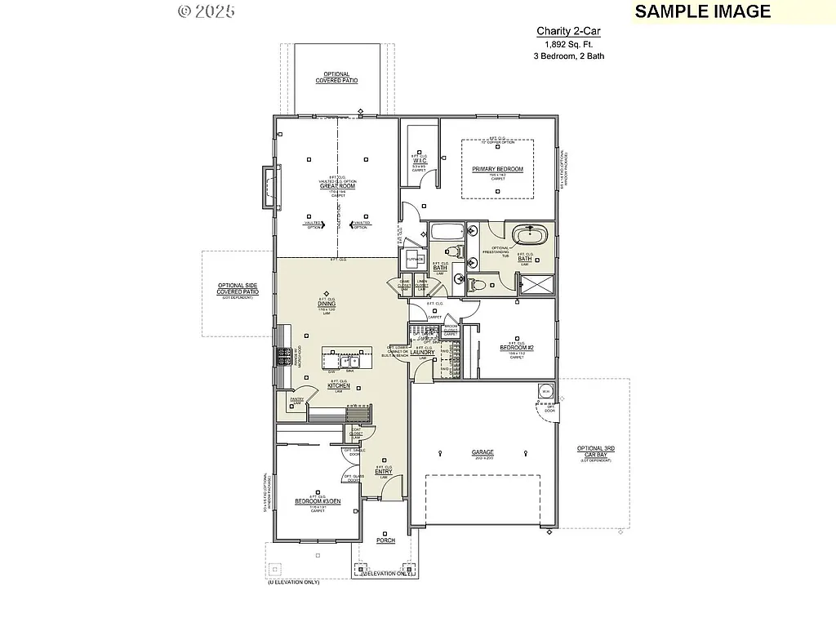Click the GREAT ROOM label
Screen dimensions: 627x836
click(337, 186)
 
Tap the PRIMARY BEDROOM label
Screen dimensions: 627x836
click(497, 169)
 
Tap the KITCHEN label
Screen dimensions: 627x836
click(339, 385)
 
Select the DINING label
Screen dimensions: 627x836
click(327, 305)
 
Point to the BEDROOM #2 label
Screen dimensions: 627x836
click(516, 347)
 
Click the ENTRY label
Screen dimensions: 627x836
click(383, 471)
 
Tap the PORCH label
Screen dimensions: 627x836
click(385, 540)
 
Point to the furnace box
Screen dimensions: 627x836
click(415, 260)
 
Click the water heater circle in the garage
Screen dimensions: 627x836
click(545, 393)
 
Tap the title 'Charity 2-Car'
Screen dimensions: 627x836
click(568, 31)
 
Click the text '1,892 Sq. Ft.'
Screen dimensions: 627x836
click(568, 44)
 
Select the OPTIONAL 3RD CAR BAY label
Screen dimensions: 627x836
click(595, 451)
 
